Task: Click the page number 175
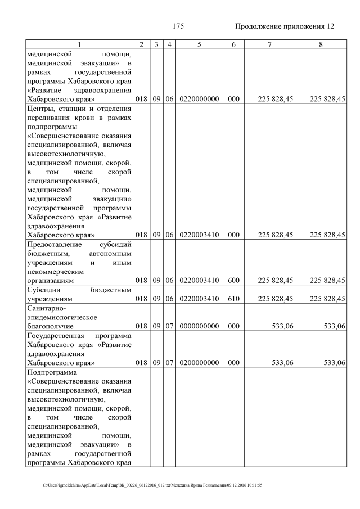click(179, 26)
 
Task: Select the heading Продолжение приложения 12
click(284, 26)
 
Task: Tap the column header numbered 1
click(79, 44)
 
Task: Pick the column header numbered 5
click(199, 44)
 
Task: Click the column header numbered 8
click(321, 44)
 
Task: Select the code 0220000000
click(199, 99)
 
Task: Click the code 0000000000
click(199, 326)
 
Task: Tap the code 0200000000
click(199, 363)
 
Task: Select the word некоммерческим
click(55, 271)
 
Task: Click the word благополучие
click(50, 326)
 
